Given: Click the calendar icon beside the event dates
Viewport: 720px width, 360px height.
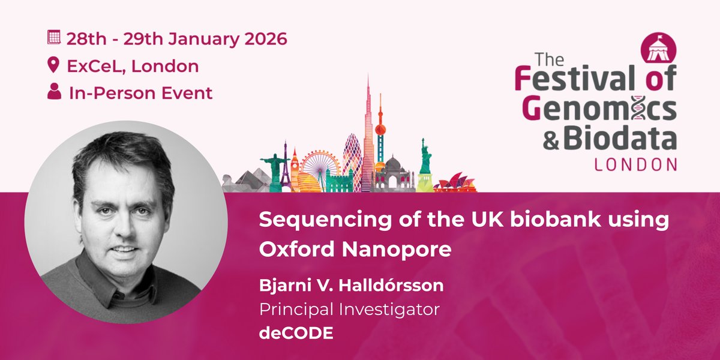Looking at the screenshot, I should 55,37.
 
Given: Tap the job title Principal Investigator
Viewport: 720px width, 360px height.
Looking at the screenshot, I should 350,310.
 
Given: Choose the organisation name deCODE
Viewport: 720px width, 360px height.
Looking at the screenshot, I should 296,334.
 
